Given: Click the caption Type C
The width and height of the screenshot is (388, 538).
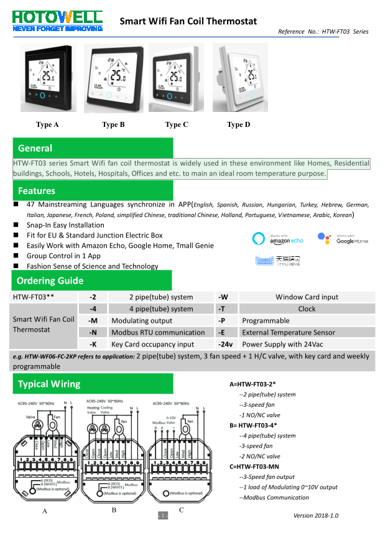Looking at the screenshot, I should coord(177,124).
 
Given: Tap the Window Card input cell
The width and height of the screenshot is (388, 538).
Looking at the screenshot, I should coord(307,297).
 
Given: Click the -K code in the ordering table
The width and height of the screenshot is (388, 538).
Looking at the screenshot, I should coord(93,344).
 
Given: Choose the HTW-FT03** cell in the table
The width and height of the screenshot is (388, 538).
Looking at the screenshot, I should coord(33,297).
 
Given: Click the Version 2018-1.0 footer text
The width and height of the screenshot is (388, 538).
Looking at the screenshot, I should coord(316,515).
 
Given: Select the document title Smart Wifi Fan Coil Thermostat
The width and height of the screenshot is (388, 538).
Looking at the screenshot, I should coord(188,21).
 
